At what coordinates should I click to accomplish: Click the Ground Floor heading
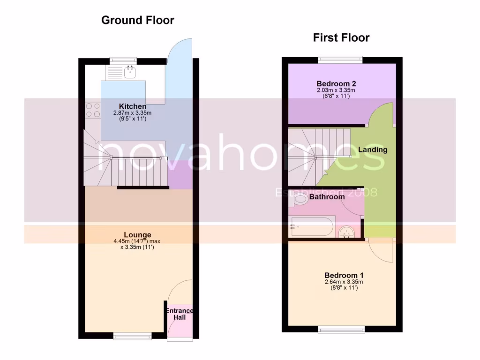click(x=137, y=20)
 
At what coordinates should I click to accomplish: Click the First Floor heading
click(x=341, y=38)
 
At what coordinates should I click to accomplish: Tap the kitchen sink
click(x=130, y=72)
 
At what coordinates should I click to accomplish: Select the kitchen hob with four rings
click(x=93, y=110)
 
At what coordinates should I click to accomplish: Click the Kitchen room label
click(x=132, y=106)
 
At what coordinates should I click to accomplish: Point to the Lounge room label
click(x=137, y=235)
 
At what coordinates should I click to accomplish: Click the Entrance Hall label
click(x=179, y=314)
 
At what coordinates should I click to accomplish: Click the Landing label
click(x=373, y=150)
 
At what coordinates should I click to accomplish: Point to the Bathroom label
click(x=327, y=197)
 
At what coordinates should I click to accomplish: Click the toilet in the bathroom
click(x=298, y=200)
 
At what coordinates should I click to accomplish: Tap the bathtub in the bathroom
click(x=311, y=227)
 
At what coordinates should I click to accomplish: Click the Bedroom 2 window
click(x=340, y=60)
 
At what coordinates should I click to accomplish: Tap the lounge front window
click(x=133, y=336)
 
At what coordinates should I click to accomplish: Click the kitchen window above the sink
click(x=123, y=60)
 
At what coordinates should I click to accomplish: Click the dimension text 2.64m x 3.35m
click(x=344, y=282)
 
